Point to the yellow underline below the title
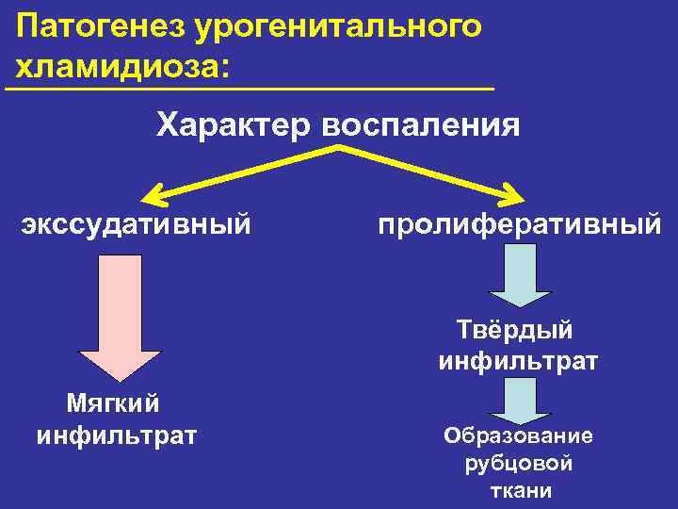pyautogui.click(x=250, y=89)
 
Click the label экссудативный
pyautogui.click(x=137, y=224)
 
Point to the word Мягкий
pyautogui.click(x=113, y=403)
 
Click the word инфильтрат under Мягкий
pyautogui.click(x=116, y=435)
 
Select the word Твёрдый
pyautogui.click(x=516, y=330)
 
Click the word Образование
pyautogui.click(x=518, y=435)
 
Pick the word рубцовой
pyautogui.click(x=519, y=464)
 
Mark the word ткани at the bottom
pyautogui.click(x=520, y=491)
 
